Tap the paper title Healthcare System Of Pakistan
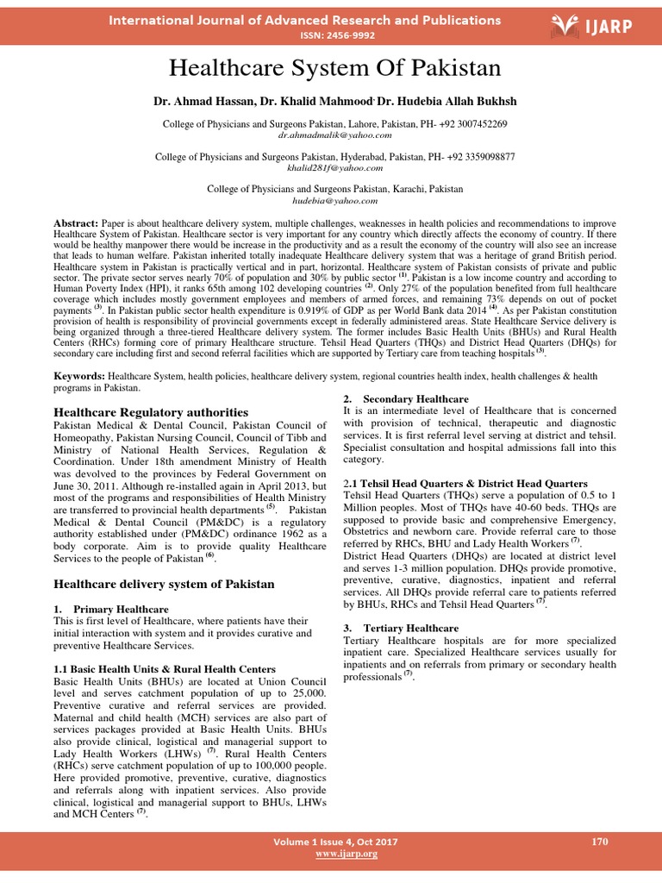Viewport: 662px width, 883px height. (x=331, y=68)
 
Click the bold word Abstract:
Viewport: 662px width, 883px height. (x=76, y=222)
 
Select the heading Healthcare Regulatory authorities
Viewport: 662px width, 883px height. (x=151, y=412)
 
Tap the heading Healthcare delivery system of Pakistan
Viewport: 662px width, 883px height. (x=164, y=584)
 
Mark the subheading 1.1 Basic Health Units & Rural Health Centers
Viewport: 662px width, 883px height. (x=164, y=669)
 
